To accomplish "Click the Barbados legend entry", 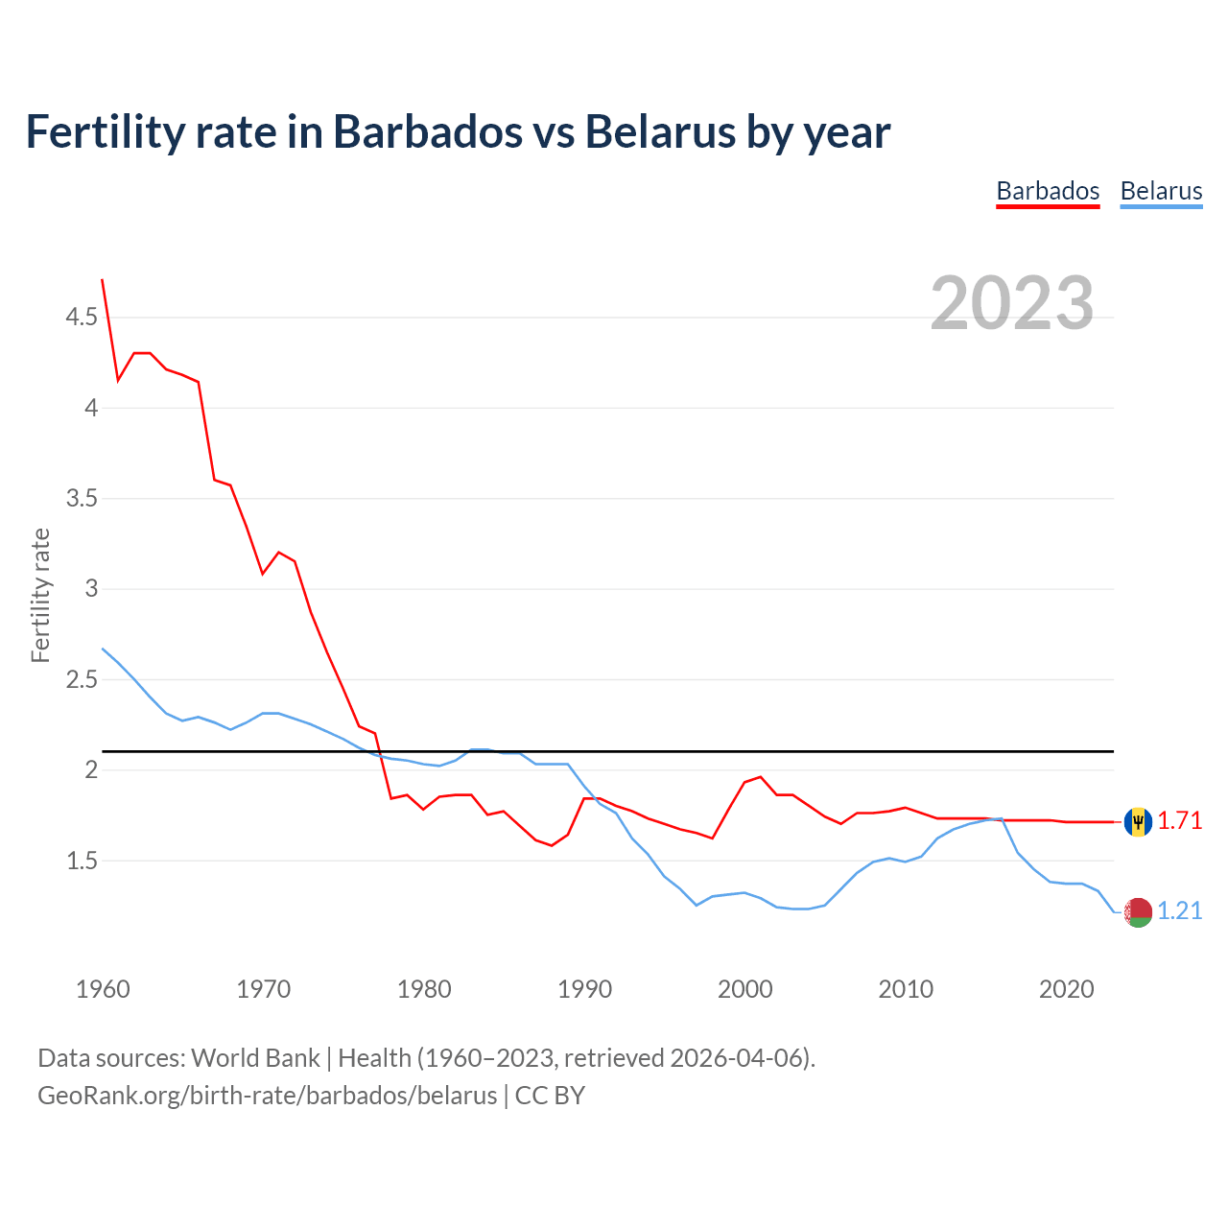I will pyautogui.click(x=1048, y=191).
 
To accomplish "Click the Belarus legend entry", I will pyautogui.click(x=1161, y=191).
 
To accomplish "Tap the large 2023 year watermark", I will pyautogui.click(x=1012, y=303).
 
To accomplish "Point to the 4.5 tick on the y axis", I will pyautogui.click(x=82, y=317).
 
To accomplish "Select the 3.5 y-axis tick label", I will pyautogui.click(x=82, y=498).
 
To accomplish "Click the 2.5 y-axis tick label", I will pyautogui.click(x=82, y=679).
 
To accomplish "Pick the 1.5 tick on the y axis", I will pyautogui.click(x=82, y=861).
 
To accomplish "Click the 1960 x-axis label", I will pyautogui.click(x=103, y=989).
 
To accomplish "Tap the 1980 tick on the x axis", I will pyautogui.click(x=424, y=989).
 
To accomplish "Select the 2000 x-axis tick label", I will pyautogui.click(x=744, y=989).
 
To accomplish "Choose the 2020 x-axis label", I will pyautogui.click(x=1066, y=989).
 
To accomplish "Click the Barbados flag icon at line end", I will pyautogui.click(x=1138, y=822).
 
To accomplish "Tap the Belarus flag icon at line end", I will pyautogui.click(x=1138, y=912).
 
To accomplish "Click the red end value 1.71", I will pyautogui.click(x=1180, y=821).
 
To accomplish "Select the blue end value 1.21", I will pyautogui.click(x=1180, y=911).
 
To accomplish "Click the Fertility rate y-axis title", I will pyautogui.click(x=40, y=595).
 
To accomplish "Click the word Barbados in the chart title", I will pyautogui.click(x=427, y=131).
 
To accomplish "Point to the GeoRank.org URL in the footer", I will pyautogui.click(x=267, y=1096).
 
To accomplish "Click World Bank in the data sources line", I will pyautogui.click(x=255, y=1058).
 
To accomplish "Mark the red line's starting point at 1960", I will pyautogui.click(x=103, y=280).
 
